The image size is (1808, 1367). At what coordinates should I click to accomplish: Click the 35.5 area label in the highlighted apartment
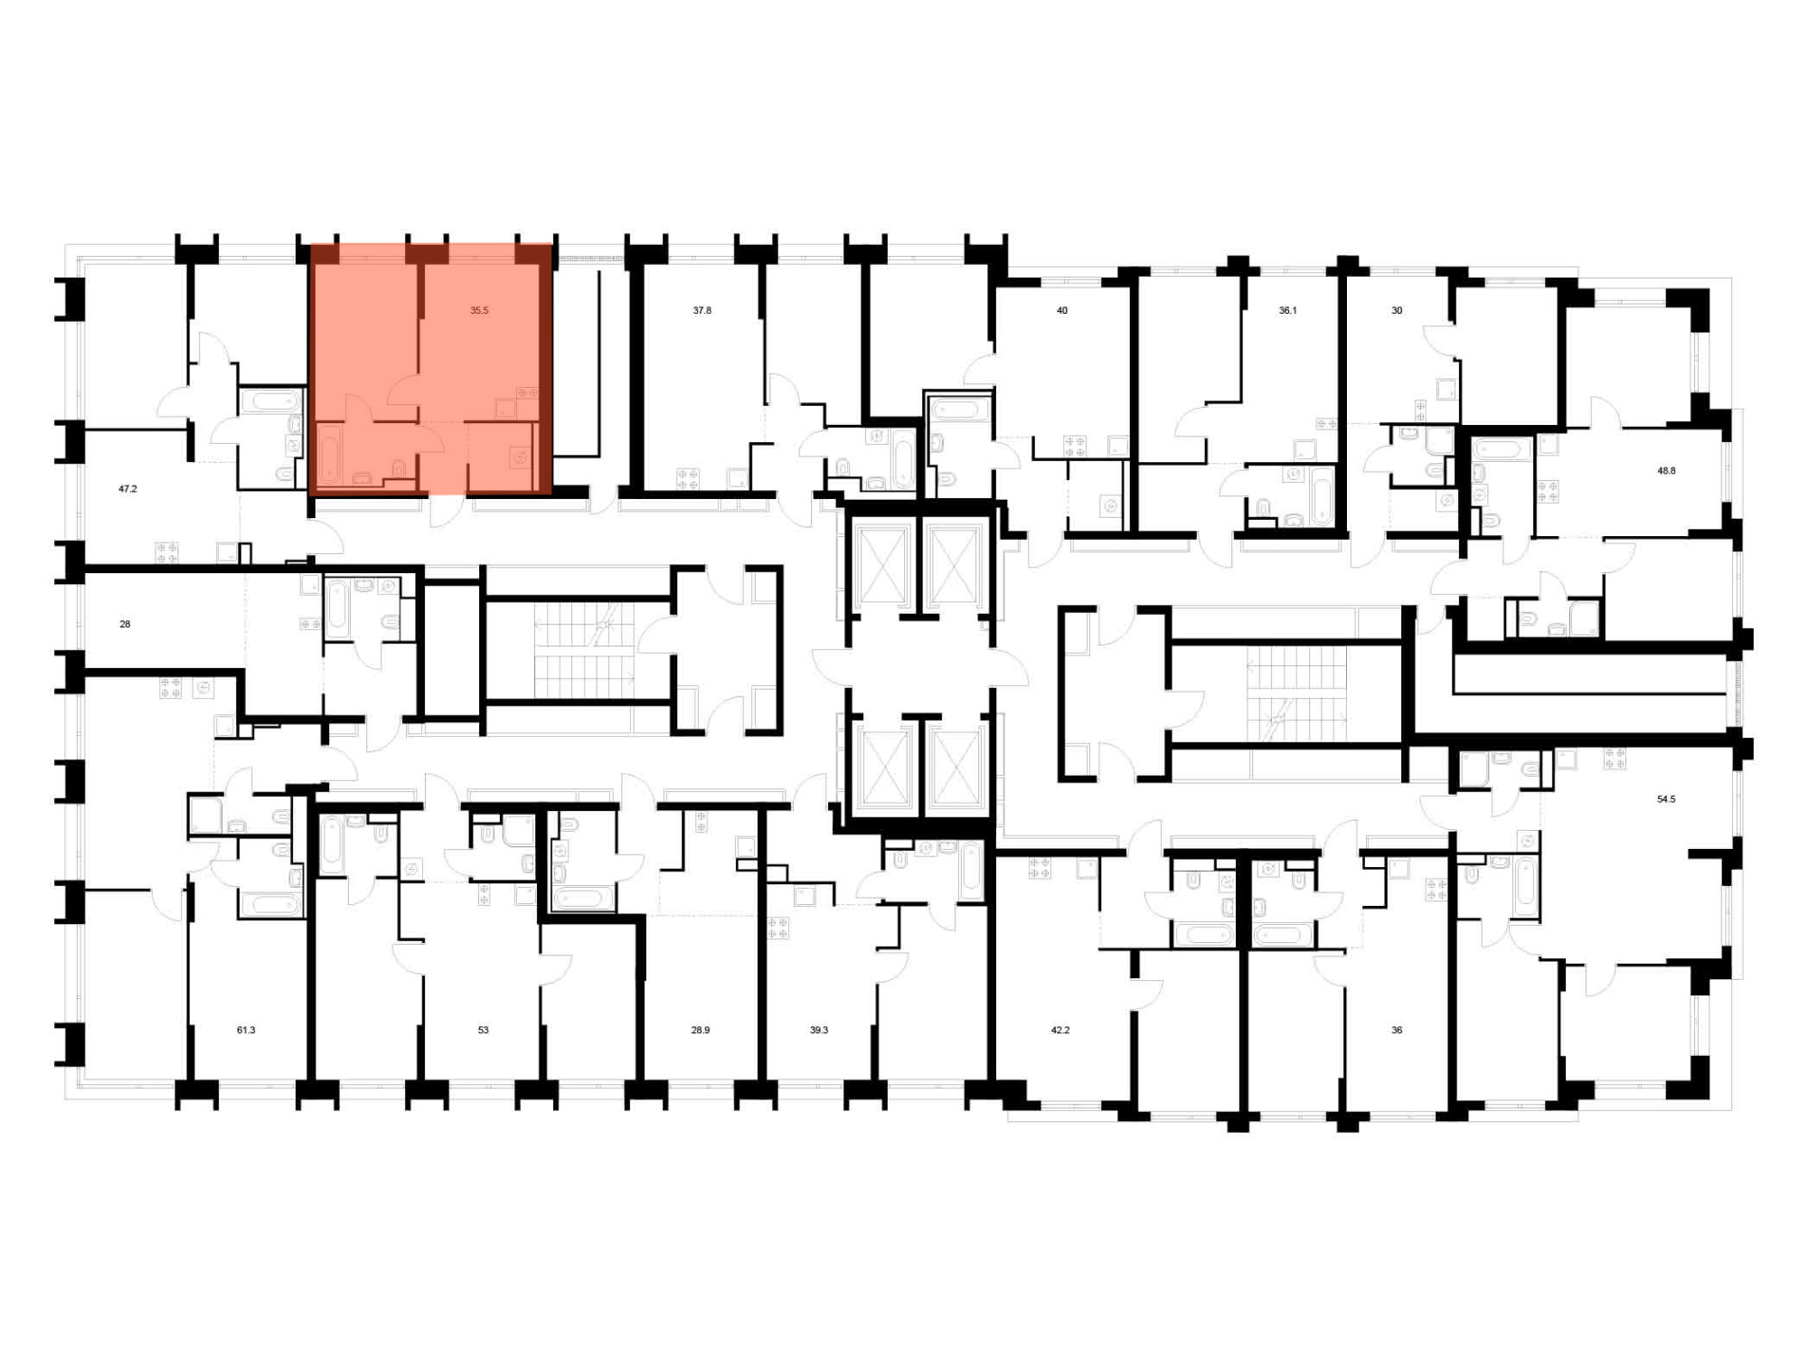tap(479, 310)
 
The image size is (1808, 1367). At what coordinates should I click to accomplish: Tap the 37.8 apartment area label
tap(702, 310)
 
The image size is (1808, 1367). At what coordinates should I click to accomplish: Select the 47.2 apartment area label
tap(127, 488)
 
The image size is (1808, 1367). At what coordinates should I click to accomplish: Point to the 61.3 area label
tap(246, 1030)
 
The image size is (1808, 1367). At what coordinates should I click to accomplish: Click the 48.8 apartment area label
tap(1666, 470)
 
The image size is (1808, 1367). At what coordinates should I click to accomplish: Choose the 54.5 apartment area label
tap(1666, 799)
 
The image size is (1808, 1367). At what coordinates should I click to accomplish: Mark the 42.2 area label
tap(1060, 1030)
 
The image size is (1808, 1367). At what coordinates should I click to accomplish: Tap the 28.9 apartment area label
tap(701, 1030)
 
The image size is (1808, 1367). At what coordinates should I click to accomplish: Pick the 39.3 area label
tap(819, 1030)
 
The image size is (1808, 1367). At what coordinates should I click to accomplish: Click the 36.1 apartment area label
tap(1287, 310)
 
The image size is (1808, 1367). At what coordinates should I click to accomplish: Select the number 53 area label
tap(484, 1030)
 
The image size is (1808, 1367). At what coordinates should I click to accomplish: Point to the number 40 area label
tap(1062, 310)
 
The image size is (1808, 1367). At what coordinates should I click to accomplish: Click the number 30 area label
tap(1397, 310)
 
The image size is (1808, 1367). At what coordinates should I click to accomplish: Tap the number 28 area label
tap(125, 624)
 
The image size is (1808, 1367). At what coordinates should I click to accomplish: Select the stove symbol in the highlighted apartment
tap(527, 393)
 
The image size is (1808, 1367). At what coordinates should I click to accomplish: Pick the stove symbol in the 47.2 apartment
tap(167, 552)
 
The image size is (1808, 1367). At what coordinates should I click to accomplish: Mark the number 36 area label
tap(1397, 1030)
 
